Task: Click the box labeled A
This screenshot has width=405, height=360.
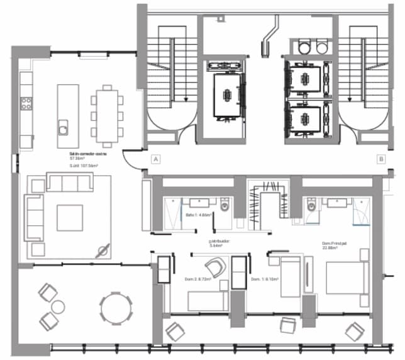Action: (155, 160)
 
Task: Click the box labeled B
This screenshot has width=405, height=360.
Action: (380, 160)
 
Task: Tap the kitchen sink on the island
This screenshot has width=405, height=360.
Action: (64, 128)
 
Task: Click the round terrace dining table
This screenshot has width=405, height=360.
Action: (116, 308)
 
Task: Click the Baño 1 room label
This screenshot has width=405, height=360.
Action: (199, 215)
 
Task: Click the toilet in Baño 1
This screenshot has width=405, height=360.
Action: (226, 205)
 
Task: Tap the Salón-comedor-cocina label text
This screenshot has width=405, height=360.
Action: (88, 153)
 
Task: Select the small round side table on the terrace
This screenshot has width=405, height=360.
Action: (58, 307)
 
